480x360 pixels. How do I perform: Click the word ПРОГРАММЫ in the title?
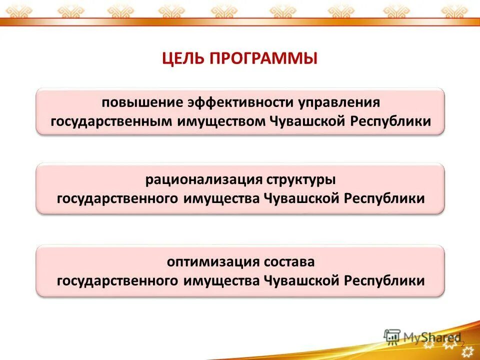263,58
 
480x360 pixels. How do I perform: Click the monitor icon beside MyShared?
392,336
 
